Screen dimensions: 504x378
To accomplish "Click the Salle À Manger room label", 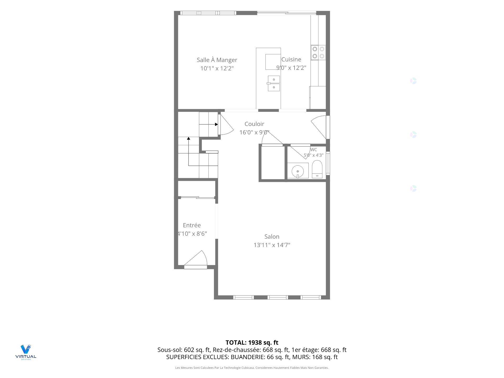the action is point(217,60).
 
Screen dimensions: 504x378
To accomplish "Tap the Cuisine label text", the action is point(291,59).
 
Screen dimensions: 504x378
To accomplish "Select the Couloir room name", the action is point(254,124).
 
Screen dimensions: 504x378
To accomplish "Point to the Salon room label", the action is point(272,237).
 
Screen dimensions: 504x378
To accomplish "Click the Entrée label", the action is point(192,225).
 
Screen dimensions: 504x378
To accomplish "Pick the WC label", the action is point(314,150).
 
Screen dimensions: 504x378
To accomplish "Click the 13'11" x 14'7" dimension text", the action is point(272,245).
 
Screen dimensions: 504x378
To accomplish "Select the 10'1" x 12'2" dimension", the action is point(217,68).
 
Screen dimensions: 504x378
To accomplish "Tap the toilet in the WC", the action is point(317,169).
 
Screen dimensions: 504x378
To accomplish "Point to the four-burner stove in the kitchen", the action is point(318,52).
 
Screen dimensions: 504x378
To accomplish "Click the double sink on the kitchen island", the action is point(274,83).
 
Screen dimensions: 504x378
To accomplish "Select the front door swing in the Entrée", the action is point(196,259).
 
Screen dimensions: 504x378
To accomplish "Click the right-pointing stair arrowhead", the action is point(216,124).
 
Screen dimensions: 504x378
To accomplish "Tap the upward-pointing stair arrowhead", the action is point(188,138).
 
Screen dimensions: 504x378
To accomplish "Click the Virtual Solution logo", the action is point(26,352).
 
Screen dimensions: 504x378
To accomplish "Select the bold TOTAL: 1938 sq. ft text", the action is point(252,343).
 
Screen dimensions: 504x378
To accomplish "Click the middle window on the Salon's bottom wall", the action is point(278,297).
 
